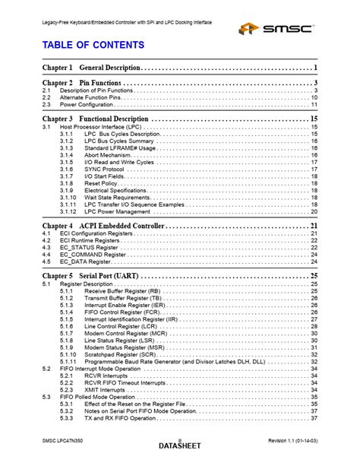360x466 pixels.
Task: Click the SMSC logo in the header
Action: tap(277, 29)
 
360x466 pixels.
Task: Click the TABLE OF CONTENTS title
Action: tap(88, 46)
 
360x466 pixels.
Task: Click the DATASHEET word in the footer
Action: tap(179, 445)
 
